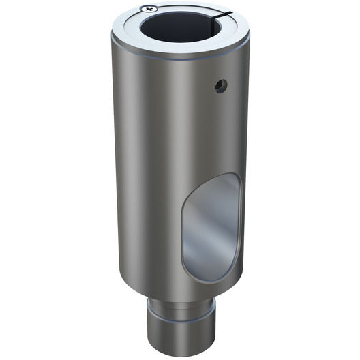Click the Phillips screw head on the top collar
coord(147,9)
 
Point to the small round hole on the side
coord(217,85)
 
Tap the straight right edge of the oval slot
coord(240,218)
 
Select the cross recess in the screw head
coord(147,9)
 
